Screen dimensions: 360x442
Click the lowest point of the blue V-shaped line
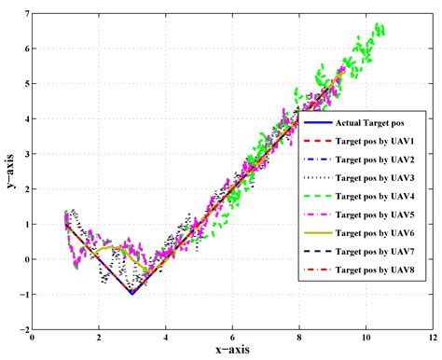pyautogui.click(x=132, y=294)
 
